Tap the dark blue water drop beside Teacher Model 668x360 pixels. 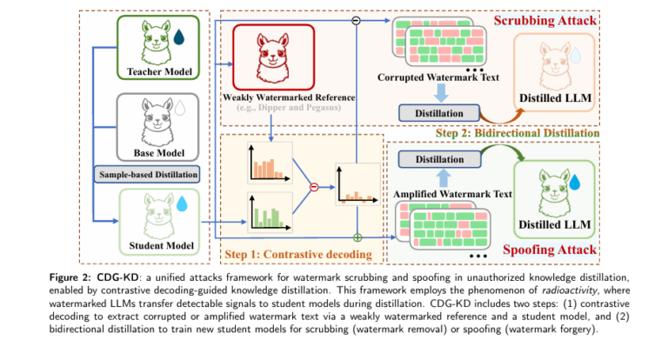click(178, 37)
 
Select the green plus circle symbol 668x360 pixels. click(357, 237)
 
